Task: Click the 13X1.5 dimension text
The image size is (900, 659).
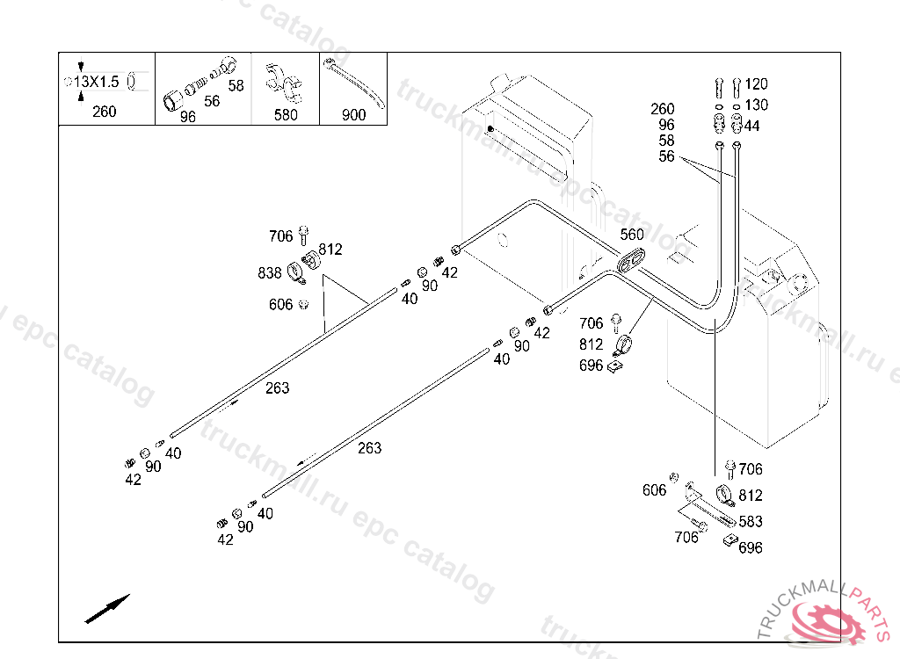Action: click(96, 82)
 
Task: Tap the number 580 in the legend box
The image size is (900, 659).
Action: click(286, 114)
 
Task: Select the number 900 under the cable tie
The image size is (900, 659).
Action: click(353, 114)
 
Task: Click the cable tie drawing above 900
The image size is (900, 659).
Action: click(355, 83)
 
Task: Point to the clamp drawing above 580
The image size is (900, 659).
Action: click(286, 81)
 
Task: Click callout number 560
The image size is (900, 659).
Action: click(632, 235)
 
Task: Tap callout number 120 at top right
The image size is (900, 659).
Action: click(756, 84)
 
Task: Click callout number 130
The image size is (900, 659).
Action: click(756, 105)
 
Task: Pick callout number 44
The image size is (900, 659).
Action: click(752, 127)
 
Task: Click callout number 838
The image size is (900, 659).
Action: click(270, 273)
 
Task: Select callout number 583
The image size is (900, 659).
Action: click(751, 522)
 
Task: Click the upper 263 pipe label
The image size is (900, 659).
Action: click(277, 388)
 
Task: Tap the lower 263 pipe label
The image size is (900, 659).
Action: click(370, 448)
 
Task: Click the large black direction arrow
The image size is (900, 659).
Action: click(107, 608)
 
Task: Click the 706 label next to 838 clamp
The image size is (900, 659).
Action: click(280, 236)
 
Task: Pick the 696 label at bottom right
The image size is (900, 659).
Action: click(751, 548)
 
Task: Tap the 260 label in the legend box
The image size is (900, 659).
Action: click(104, 112)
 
